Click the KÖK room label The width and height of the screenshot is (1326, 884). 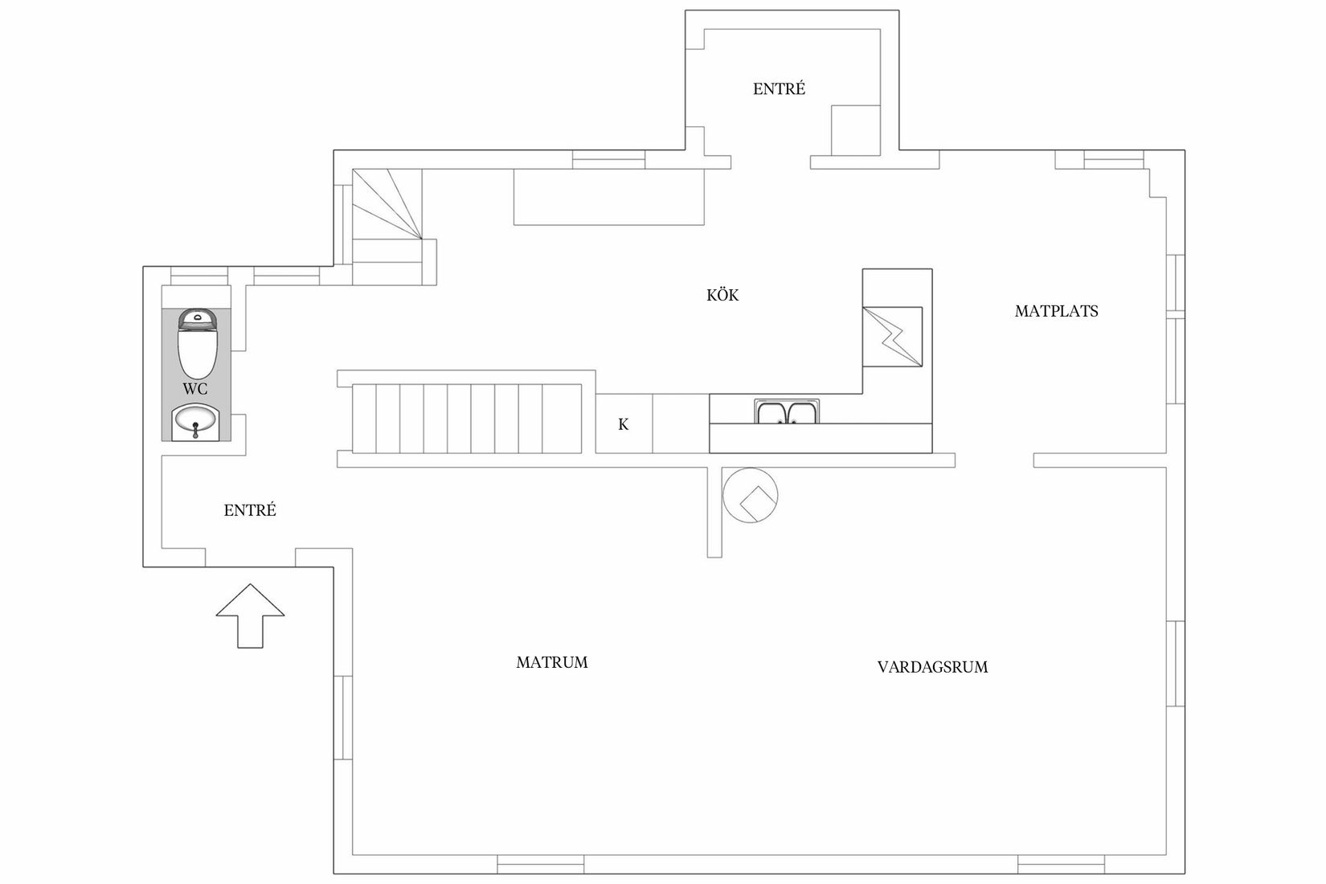[722, 295]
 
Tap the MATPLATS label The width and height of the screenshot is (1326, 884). [1056, 311]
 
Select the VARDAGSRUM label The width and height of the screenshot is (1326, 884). [932, 667]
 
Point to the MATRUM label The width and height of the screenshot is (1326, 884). [551, 663]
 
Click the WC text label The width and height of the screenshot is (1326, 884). [195, 389]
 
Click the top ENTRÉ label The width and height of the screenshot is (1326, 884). [779, 89]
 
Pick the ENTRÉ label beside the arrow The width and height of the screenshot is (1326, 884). [250, 510]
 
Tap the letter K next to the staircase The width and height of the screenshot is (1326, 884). [623, 425]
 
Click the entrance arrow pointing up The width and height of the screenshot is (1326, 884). [250, 615]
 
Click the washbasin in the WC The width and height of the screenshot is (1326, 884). [195, 422]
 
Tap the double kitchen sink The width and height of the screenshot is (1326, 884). [787, 412]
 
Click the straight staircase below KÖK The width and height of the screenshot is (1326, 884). [466, 418]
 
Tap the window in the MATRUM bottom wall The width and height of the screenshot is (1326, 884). [540, 865]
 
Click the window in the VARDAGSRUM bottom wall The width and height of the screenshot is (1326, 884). [1061, 865]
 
